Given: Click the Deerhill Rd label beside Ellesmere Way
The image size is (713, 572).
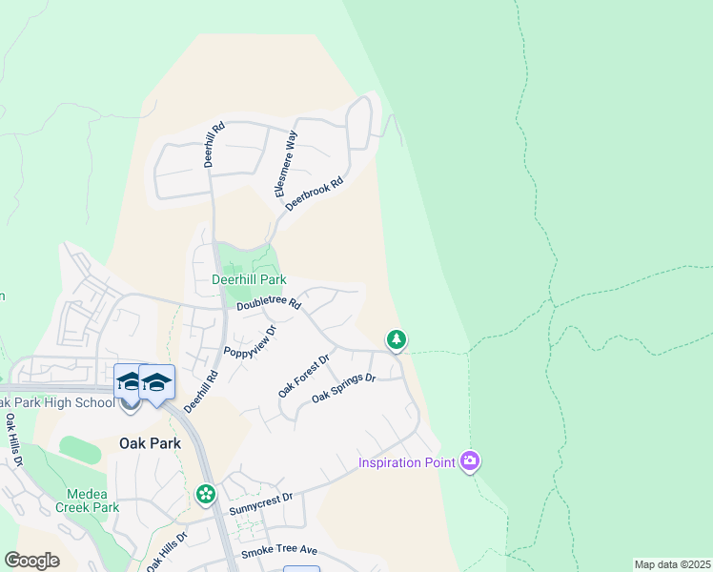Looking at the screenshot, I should [214, 144].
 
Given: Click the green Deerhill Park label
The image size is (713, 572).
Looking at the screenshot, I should [249, 280].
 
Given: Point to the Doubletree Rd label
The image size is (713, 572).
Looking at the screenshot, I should [269, 304].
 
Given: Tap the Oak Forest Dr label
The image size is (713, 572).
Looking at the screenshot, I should [303, 376].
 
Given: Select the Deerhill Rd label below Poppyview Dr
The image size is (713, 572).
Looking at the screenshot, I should [195, 392].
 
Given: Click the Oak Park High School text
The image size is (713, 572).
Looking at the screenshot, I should [57, 402].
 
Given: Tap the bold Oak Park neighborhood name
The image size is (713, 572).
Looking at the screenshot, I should [151, 443].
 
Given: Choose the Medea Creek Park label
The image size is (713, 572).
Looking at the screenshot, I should [93, 500].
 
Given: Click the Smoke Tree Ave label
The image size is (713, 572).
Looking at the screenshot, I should [278, 551].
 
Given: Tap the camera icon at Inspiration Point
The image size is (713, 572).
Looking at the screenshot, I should [469, 462].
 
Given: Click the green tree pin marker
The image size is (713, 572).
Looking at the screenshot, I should [396, 339].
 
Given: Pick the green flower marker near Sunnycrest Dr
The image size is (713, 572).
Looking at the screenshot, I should [205, 494].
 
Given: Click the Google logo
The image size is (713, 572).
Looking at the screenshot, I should [31, 561].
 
